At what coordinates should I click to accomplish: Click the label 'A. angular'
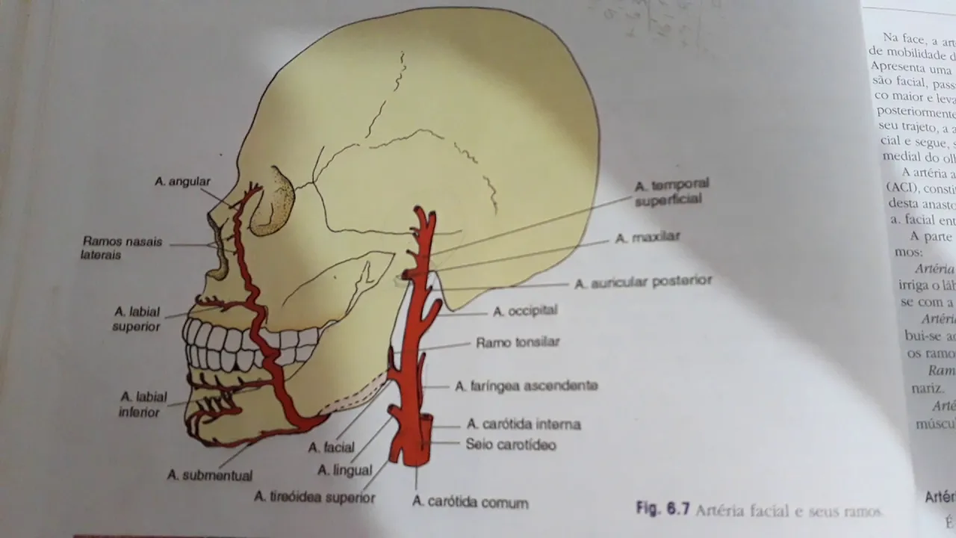[183, 182]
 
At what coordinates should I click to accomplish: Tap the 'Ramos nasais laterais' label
[122, 248]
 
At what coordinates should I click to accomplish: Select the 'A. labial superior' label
[137, 319]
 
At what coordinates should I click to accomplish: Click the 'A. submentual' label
[210, 475]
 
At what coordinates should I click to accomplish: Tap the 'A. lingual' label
[344, 471]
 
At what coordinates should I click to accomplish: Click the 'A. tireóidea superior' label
[314, 497]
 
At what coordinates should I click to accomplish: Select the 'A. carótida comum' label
[471, 502]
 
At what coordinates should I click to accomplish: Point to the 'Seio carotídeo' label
[511, 445]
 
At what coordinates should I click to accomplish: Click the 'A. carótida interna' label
[524, 424]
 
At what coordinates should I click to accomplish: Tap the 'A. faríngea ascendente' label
[527, 386]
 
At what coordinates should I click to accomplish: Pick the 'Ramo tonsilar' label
[518, 343]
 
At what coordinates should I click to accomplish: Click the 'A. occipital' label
[525, 311]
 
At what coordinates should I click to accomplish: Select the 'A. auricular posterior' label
[643, 282]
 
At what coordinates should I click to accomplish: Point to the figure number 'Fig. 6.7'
[662, 510]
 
